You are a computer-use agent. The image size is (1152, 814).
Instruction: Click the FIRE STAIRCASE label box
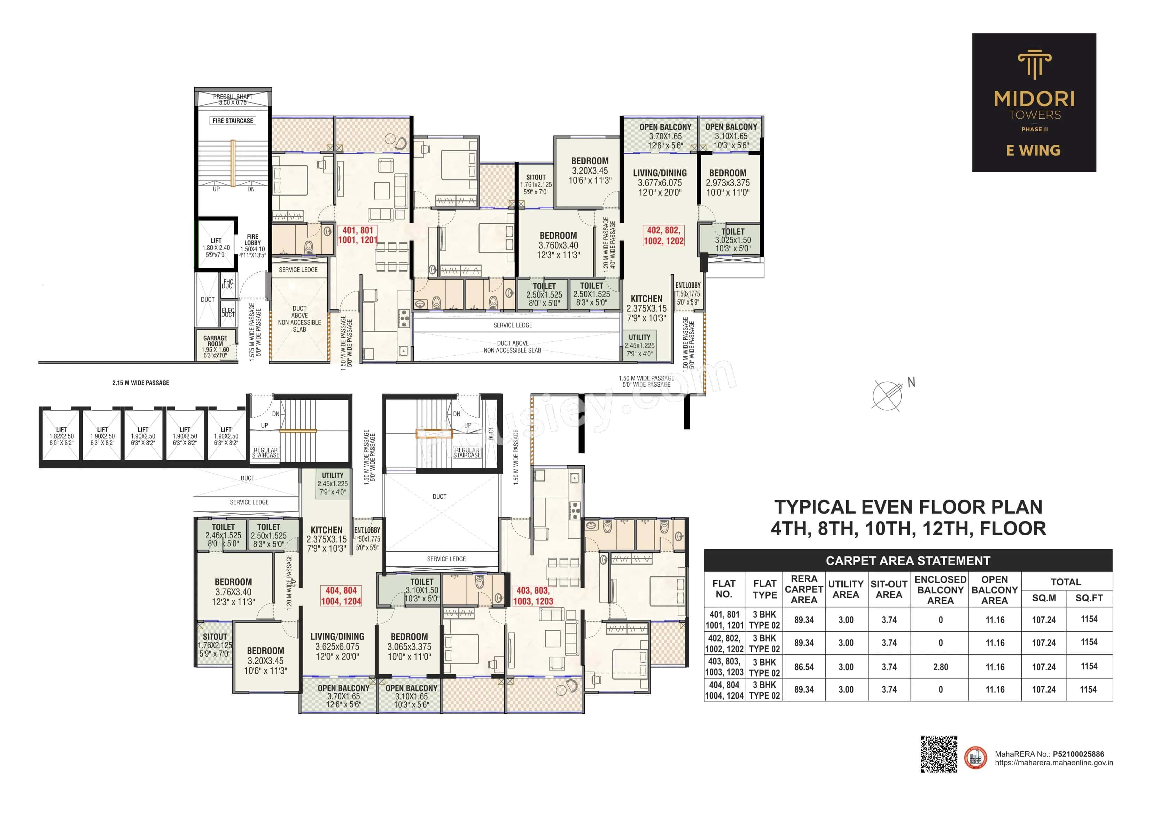(x=233, y=121)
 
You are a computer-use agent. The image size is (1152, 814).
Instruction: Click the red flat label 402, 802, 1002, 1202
(x=663, y=236)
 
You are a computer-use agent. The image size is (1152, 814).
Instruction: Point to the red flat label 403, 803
(x=533, y=596)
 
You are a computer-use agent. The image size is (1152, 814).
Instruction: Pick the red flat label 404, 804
(x=341, y=596)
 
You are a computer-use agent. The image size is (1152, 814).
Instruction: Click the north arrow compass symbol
(x=887, y=395)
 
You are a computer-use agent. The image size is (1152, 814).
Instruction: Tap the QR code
(x=939, y=754)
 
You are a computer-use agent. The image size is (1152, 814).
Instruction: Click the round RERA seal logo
(x=976, y=758)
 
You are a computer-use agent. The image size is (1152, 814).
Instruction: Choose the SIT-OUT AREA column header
(x=889, y=589)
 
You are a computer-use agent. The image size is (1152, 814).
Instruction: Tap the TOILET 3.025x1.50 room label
(x=733, y=240)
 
